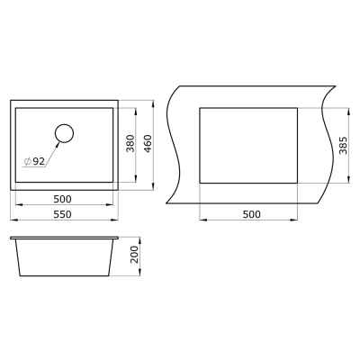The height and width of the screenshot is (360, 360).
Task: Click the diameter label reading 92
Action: coord(39,162)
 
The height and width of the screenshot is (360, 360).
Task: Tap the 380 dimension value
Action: coord(130,143)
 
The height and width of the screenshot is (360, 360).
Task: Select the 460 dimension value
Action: coord(148,143)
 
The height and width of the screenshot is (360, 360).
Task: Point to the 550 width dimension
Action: coord(62,214)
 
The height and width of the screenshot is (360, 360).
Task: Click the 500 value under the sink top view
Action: coord(62,199)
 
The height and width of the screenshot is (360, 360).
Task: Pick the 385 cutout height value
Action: coord(343,145)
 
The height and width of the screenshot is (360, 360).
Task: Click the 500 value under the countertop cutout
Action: coord(251,214)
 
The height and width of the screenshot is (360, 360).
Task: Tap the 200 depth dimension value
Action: coord(135,255)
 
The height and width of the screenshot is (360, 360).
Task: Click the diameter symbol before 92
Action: coord(27,162)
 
